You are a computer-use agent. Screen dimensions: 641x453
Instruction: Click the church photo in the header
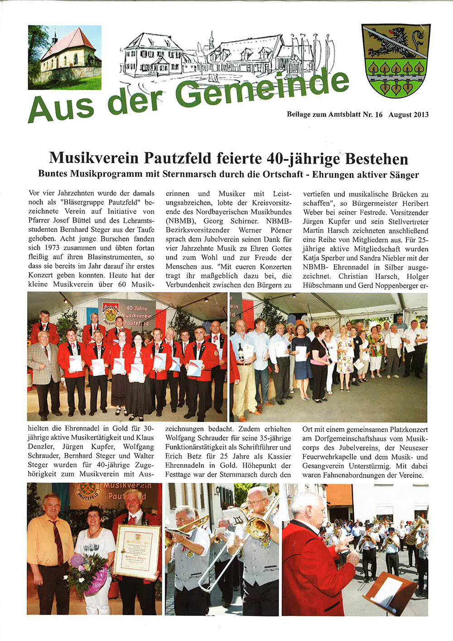[x=65, y=57]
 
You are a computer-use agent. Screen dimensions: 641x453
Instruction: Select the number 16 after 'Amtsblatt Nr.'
[x=379, y=115]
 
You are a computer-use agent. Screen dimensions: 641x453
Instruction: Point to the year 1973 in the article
[x=55, y=248]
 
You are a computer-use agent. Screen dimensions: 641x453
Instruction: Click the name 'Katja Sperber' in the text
[x=324, y=258]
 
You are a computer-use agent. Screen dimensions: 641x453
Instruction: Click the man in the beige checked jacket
[x=43, y=358]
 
